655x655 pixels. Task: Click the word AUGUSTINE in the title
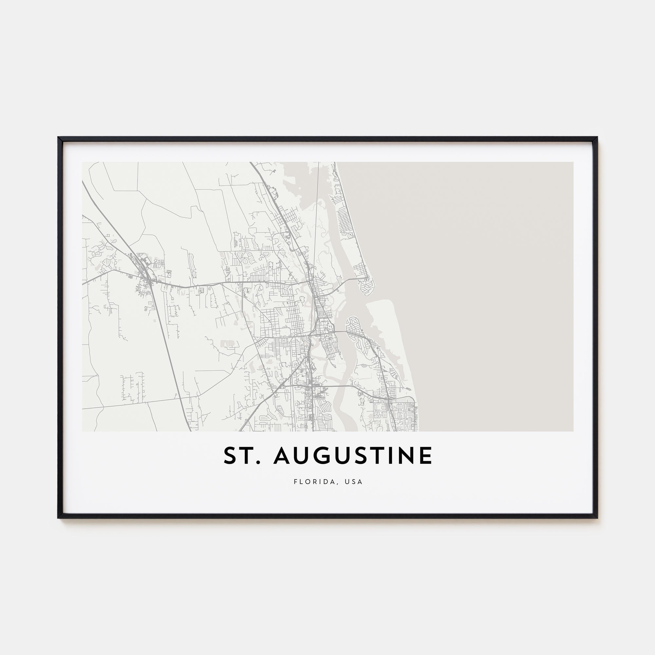(353, 456)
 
